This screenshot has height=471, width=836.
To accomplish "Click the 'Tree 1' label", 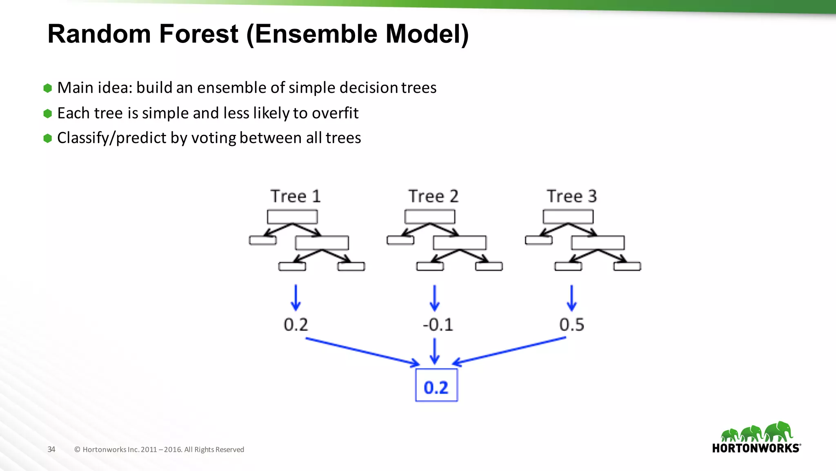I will tap(296, 197).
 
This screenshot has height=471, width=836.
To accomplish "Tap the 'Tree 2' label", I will tap(434, 197).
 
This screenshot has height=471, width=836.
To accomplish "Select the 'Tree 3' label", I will tap(572, 197).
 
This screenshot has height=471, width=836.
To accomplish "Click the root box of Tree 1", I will tap(292, 217).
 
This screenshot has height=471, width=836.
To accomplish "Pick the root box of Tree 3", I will tap(568, 217).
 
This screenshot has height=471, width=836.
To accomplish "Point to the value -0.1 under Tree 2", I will tap(438, 325).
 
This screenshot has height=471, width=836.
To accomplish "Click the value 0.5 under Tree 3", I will tap(571, 325).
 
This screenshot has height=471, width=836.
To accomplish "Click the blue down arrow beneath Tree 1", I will tap(296, 298).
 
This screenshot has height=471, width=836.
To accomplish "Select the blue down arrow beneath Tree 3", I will tap(571, 298).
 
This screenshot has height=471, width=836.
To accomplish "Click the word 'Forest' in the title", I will tap(198, 34).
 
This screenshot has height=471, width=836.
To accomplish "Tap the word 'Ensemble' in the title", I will tap(317, 34).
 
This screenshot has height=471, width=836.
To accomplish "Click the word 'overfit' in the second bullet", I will tap(335, 113).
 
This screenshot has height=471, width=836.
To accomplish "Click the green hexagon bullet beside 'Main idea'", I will tap(48, 88).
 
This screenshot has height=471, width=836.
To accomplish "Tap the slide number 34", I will tap(51, 449).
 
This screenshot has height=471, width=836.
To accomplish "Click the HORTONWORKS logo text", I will tap(756, 449).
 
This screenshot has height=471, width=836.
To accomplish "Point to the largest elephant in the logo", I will tap(779, 431).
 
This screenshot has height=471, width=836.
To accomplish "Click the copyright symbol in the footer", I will tap(77, 450).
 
